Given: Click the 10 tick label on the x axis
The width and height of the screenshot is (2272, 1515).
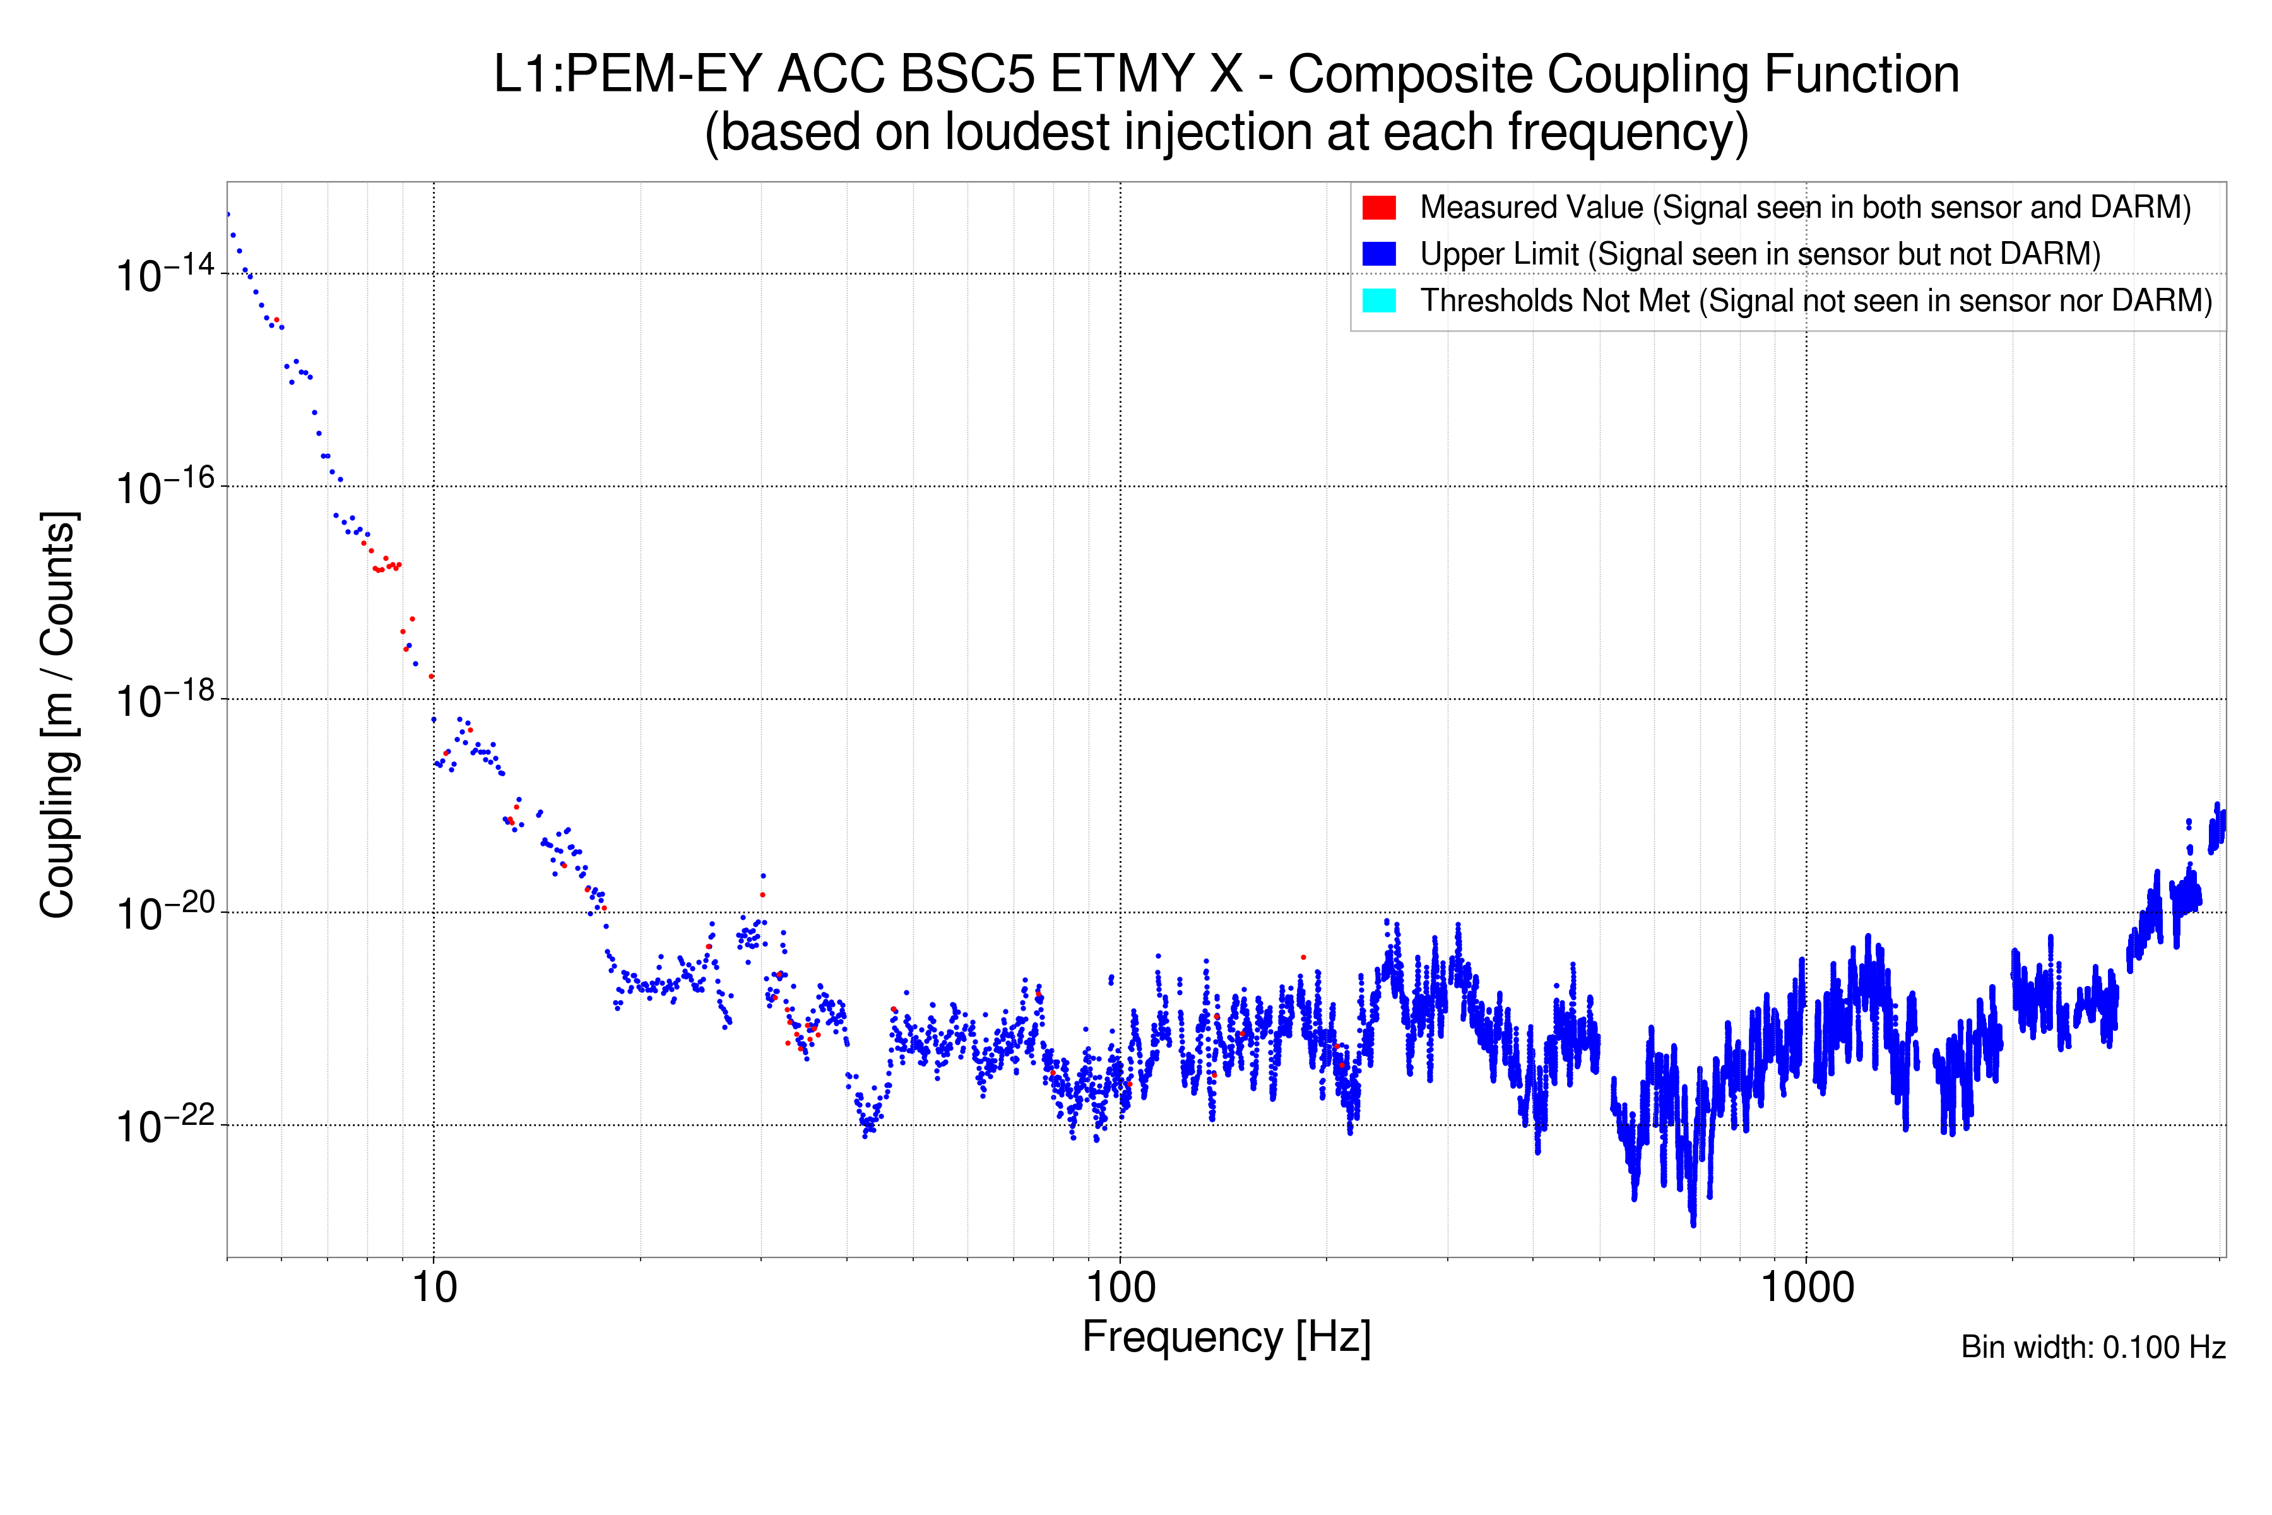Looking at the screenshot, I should point(434,1288).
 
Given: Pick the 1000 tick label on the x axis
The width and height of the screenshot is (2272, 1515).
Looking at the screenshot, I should point(1806,1288).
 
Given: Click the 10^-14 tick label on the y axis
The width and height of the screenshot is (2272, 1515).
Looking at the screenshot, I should point(164,273).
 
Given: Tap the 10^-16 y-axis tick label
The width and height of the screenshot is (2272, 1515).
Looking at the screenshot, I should point(164,486).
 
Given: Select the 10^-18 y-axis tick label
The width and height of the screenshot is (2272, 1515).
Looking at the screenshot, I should point(164,699).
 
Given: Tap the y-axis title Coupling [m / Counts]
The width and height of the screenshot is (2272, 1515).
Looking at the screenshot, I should point(58,715).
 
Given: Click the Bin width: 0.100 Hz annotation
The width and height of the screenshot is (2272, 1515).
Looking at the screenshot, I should point(2092,1347).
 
